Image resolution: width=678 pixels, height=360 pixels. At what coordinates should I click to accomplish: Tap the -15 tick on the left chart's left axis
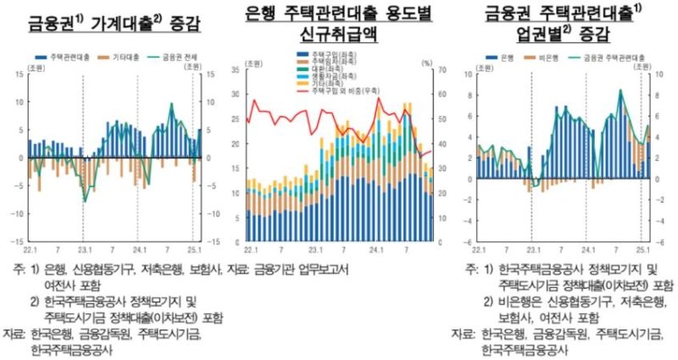click(x=16, y=241)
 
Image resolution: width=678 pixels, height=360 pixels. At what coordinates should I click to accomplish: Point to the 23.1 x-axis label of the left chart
click(x=82, y=249)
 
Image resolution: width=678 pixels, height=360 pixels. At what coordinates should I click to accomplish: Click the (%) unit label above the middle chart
click(x=429, y=63)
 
